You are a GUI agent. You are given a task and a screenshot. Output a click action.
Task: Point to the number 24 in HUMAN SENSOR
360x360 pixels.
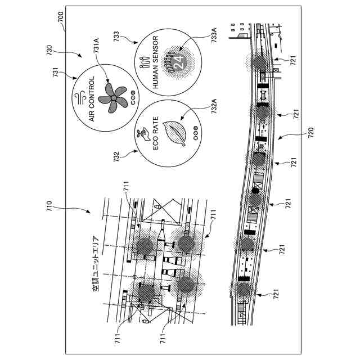(x=179, y=62)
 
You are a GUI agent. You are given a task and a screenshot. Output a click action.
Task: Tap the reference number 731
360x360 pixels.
(x=56, y=76)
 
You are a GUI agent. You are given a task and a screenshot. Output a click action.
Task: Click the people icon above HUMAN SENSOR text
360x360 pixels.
(x=142, y=62)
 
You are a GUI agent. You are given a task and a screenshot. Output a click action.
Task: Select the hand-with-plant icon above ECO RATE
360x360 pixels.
(x=142, y=134)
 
